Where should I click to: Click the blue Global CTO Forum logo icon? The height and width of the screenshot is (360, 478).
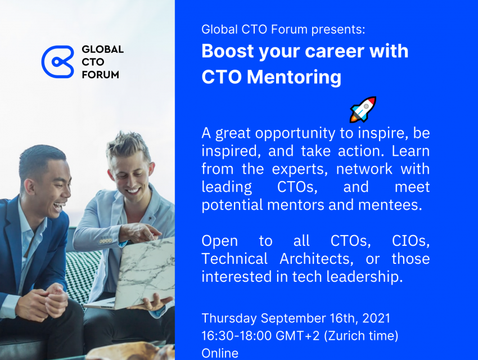point(57,61)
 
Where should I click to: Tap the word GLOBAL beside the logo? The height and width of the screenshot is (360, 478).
point(102,49)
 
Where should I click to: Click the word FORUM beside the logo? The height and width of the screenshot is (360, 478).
point(100,75)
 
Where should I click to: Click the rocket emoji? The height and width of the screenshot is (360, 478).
point(363,110)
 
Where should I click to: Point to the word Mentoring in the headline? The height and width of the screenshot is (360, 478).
point(294,78)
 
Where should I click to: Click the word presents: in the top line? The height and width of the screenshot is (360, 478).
point(338,30)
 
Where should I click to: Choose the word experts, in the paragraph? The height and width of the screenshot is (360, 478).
point(300,169)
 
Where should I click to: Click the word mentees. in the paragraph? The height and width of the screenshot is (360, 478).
point(390,205)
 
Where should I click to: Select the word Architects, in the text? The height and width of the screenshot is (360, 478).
point(317,259)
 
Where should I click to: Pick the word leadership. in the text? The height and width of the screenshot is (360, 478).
point(364,277)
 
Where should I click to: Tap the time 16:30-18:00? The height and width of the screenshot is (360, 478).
point(236,336)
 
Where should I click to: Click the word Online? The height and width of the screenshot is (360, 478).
point(220,353)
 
